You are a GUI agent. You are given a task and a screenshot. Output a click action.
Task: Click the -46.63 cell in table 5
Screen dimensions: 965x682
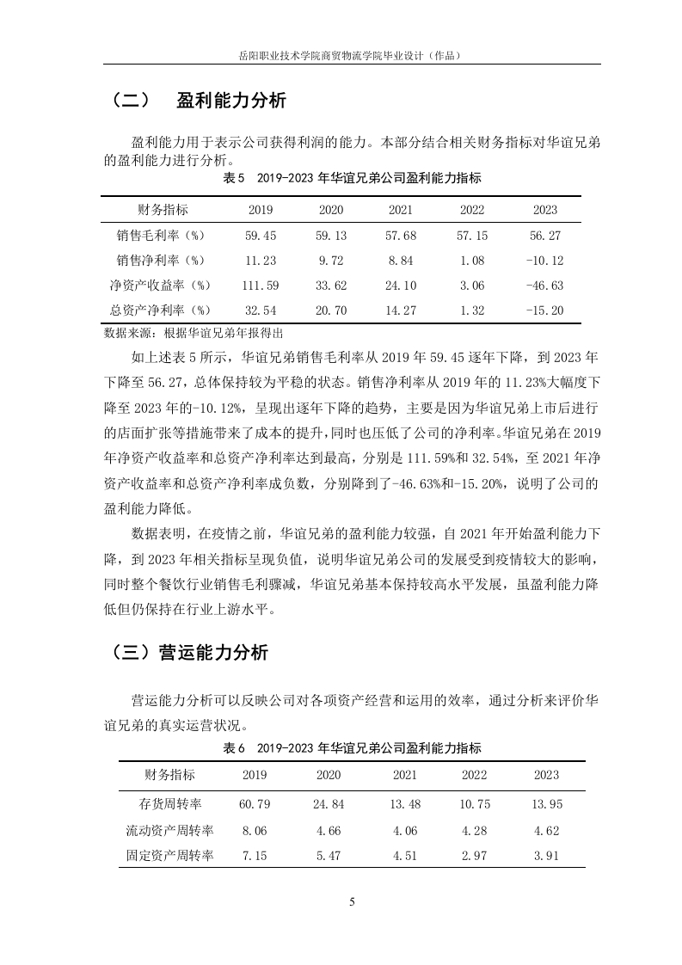coord(544,285)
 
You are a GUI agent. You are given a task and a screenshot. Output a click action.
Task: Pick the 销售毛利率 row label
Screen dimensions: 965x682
coord(163,235)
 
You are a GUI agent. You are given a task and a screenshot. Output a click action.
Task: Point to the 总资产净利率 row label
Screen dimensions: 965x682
coord(163,310)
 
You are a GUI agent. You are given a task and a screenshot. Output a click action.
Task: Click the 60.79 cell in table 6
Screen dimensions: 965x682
coord(255,803)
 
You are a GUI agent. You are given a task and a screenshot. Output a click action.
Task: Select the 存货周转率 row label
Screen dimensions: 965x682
coord(170,803)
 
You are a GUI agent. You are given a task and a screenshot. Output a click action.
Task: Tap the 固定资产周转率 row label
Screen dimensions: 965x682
coord(170,855)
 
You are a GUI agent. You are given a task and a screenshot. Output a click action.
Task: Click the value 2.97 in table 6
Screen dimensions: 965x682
coord(474,855)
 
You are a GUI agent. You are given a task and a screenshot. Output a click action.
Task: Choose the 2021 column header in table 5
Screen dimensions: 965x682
coord(401,210)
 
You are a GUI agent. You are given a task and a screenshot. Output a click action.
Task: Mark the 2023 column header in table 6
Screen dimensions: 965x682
coord(546,774)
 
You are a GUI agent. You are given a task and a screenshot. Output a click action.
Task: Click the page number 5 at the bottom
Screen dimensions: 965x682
coord(352,902)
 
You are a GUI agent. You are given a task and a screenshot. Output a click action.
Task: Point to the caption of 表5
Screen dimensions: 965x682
coord(352,180)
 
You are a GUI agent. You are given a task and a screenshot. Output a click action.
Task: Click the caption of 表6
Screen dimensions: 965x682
coord(352,747)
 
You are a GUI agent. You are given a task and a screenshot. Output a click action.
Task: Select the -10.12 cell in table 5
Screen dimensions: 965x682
coord(544,260)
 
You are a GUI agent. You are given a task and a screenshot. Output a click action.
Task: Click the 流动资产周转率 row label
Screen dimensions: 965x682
coord(170,830)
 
